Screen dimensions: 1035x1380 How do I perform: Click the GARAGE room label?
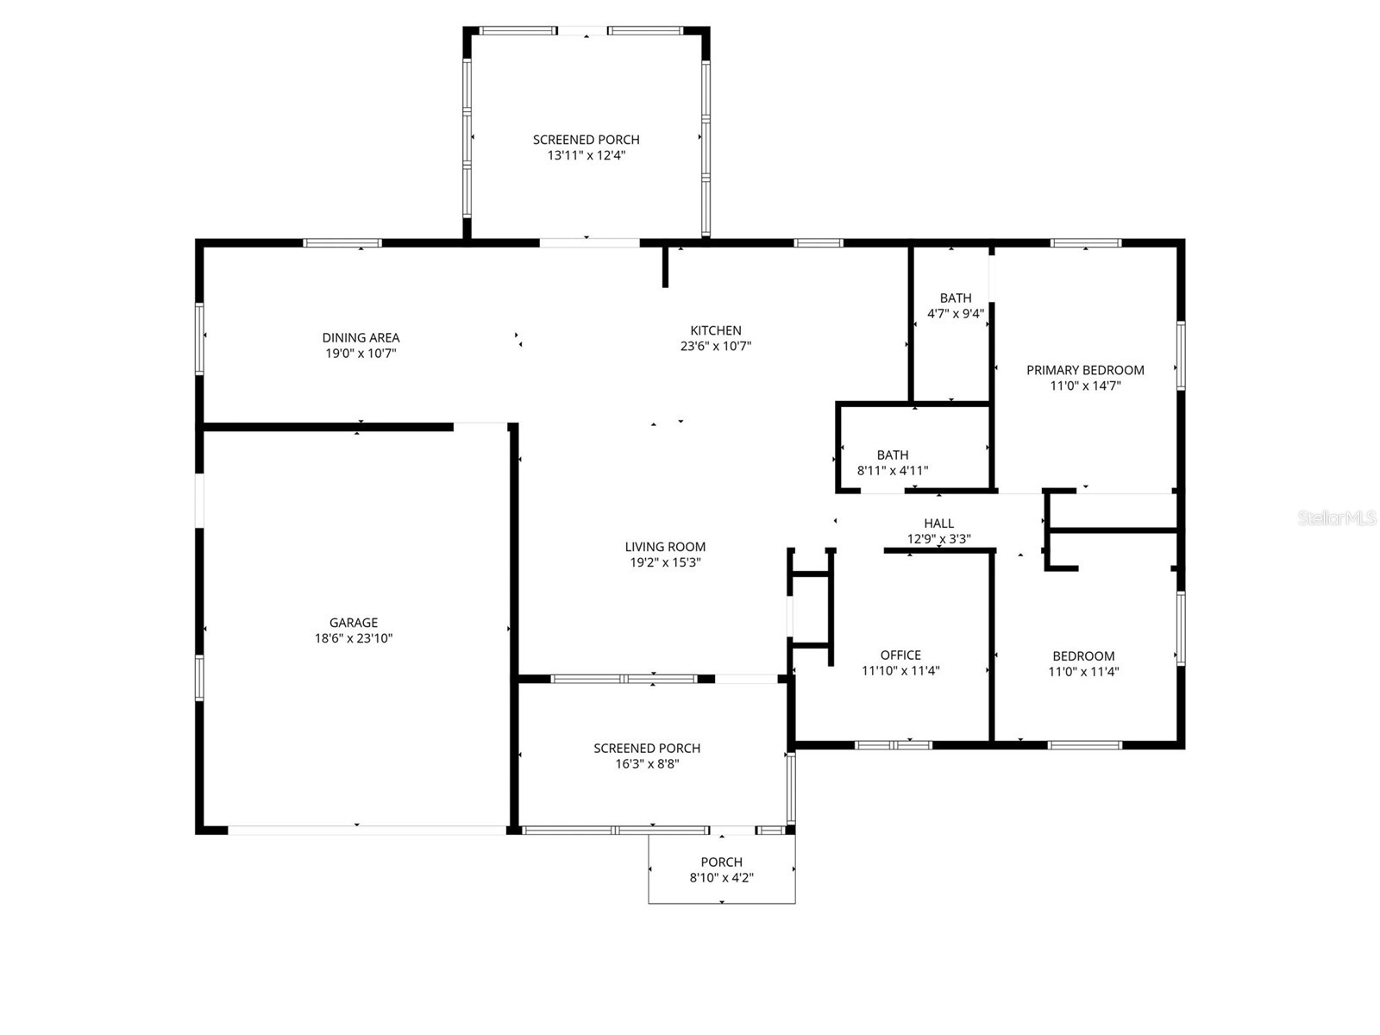(x=354, y=623)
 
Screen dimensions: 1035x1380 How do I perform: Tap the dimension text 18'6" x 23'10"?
(x=354, y=639)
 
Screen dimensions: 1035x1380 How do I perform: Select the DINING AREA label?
(x=361, y=338)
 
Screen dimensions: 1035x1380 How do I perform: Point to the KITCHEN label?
(x=715, y=330)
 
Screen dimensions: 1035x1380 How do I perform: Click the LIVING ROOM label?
(x=665, y=547)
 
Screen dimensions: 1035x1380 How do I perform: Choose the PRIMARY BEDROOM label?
(x=1085, y=370)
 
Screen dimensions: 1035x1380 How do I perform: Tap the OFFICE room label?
(x=900, y=655)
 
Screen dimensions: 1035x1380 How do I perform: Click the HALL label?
(x=938, y=524)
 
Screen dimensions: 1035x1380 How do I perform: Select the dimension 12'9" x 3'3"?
(x=938, y=539)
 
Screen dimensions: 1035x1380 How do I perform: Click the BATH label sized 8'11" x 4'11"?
(x=892, y=455)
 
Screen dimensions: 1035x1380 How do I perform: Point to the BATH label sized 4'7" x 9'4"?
(x=955, y=298)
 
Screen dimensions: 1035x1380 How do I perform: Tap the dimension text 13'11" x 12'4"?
(x=586, y=156)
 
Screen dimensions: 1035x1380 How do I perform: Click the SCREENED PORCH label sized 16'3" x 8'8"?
(x=647, y=749)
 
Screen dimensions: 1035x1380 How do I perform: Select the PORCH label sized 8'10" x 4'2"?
(x=721, y=862)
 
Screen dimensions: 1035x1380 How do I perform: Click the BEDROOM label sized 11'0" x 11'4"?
(x=1083, y=656)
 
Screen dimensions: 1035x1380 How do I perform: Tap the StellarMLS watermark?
(x=1337, y=518)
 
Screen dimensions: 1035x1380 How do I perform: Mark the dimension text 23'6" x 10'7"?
(x=715, y=347)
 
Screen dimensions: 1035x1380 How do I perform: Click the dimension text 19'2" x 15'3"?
(x=665, y=563)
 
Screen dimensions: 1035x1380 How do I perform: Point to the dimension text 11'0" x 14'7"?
(x=1085, y=386)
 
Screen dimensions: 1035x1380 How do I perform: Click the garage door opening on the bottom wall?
(x=367, y=831)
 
